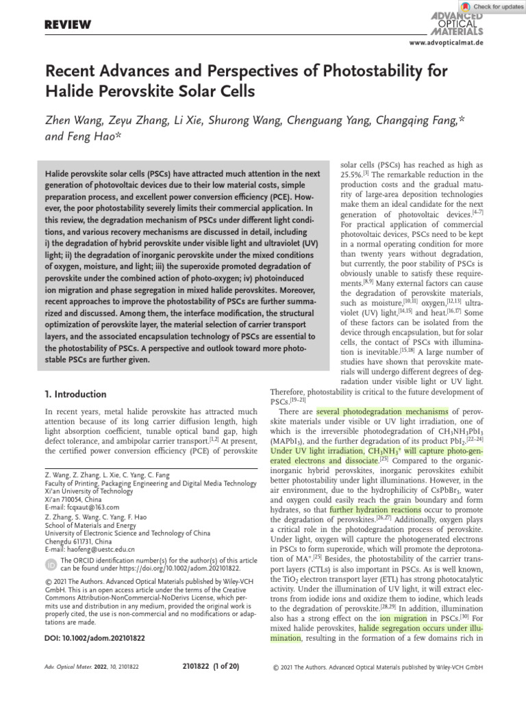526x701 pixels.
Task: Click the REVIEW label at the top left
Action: coord(68,25)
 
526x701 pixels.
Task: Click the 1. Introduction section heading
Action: coord(75,394)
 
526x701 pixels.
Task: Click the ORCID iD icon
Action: coord(52,564)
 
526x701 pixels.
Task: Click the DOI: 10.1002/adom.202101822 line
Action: coord(95,637)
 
